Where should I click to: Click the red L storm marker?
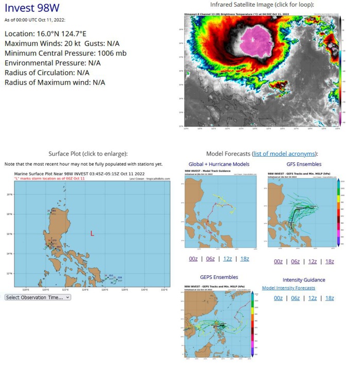(92, 233)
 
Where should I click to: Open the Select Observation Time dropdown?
(38, 297)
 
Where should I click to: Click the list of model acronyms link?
(285, 154)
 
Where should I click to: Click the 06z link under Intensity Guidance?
(295, 298)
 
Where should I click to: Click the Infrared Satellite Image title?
(262, 5)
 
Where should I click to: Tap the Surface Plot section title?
(88, 154)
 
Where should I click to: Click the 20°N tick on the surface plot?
(9, 195)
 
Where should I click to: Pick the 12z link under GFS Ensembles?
(312, 261)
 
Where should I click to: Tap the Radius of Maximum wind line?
(55, 82)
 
